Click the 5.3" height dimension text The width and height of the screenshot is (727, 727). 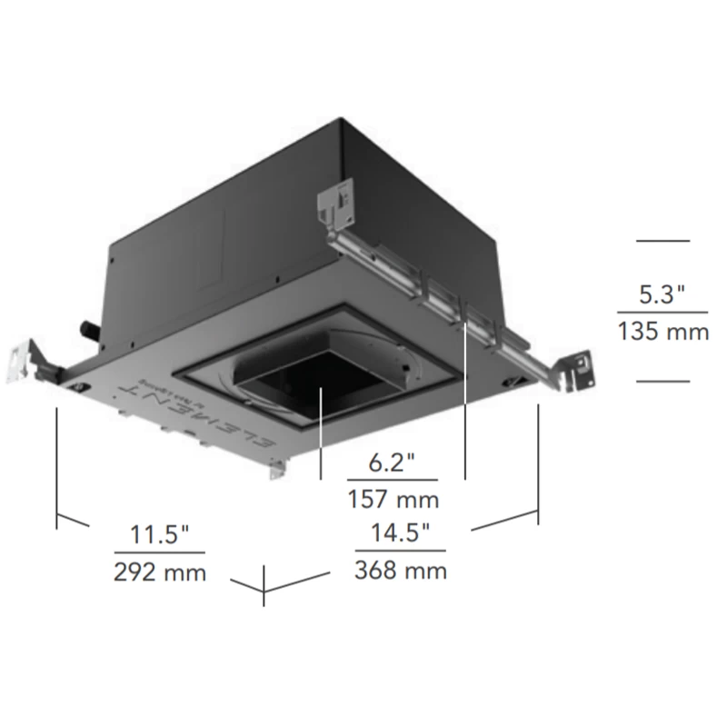pos(662,294)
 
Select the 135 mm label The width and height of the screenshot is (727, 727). pos(662,333)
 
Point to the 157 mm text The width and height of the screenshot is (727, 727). pos(393,499)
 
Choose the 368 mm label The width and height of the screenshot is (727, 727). pos(401,571)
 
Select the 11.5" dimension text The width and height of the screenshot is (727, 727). pos(159,534)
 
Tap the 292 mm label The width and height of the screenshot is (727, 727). pos(160,572)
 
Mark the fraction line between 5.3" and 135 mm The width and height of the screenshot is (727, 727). pos(662,314)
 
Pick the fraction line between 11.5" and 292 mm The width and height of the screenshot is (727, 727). pos(160,553)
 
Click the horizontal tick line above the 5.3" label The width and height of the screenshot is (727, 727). pos(662,241)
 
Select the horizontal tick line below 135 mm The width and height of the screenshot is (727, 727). pos(662,381)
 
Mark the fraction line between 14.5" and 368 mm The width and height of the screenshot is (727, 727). pos(401,552)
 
